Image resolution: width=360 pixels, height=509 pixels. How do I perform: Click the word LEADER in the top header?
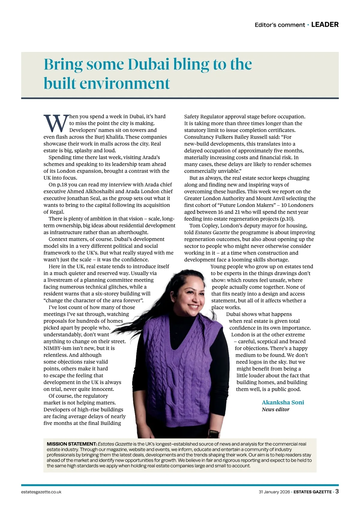[325, 25]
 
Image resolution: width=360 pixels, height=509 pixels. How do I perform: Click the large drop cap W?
[56, 123]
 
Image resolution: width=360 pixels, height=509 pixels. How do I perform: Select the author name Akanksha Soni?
[283, 402]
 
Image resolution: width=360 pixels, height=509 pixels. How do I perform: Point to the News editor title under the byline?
[275, 410]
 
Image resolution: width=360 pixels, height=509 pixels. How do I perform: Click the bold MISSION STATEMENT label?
[72, 444]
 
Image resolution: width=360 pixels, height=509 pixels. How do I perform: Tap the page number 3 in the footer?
[337, 492]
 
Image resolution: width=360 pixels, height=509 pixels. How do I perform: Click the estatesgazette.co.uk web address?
[41, 492]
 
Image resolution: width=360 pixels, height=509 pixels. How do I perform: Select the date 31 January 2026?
[274, 492]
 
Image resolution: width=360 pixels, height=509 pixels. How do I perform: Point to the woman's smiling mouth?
[193, 307]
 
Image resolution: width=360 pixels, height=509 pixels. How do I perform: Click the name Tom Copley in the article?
[203, 226]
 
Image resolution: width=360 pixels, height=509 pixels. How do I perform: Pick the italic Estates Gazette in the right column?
[212, 233]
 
